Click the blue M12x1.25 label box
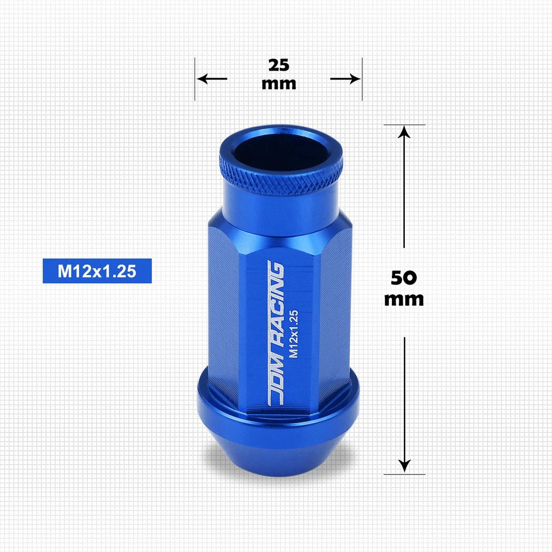(97, 271)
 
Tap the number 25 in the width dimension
(279, 65)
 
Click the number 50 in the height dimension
(404, 278)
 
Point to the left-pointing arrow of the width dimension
(211, 79)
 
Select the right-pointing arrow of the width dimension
(346, 79)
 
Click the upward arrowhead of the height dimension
(404, 133)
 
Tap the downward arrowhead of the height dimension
(404, 465)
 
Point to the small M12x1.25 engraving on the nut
(293, 334)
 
